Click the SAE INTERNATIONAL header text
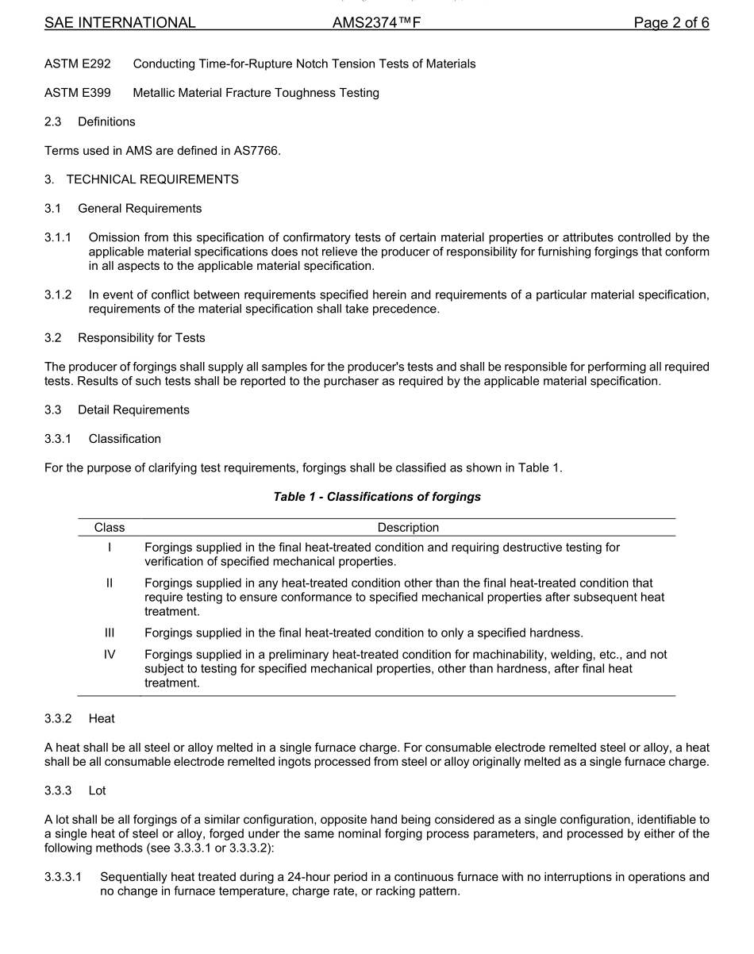click(x=120, y=23)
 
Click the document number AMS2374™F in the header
click(x=376, y=23)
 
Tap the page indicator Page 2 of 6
click(x=671, y=23)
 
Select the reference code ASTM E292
click(x=78, y=63)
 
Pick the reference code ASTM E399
click(x=78, y=93)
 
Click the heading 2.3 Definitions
click(x=90, y=121)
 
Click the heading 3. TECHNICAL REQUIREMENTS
click(x=141, y=179)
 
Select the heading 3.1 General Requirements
click(x=123, y=209)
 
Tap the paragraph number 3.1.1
click(x=58, y=237)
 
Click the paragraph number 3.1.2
click(x=58, y=295)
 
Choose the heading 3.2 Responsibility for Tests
click(x=125, y=338)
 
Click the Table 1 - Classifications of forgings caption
click(x=377, y=497)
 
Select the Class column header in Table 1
click(x=110, y=528)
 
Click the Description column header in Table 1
click(x=408, y=528)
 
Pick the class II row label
click(x=110, y=583)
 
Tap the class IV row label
click(x=110, y=655)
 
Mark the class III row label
click(x=110, y=633)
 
